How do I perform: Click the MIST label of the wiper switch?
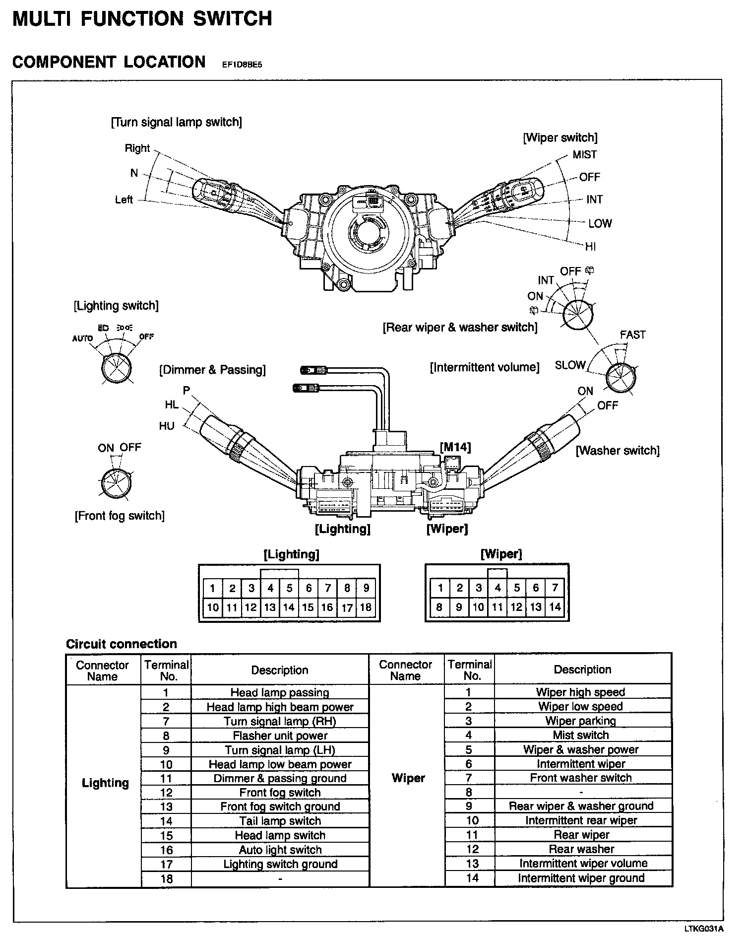pyautogui.click(x=584, y=155)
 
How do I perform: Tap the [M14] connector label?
pyautogui.click(x=455, y=447)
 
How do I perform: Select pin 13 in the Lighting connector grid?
pyautogui.click(x=270, y=607)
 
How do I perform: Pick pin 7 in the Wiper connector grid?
pyautogui.click(x=555, y=588)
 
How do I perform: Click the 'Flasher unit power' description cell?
pyautogui.click(x=280, y=736)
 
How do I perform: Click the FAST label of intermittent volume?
pyautogui.click(x=632, y=335)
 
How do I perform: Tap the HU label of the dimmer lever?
pyautogui.click(x=167, y=426)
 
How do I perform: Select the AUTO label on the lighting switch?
pyautogui.click(x=82, y=338)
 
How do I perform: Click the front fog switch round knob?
pyautogui.click(x=116, y=482)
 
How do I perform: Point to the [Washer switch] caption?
pyautogui.click(x=618, y=451)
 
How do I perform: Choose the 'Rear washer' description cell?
pyautogui.click(x=581, y=849)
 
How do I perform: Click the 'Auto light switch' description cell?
pyautogui.click(x=280, y=850)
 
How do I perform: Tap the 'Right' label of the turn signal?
pyautogui.click(x=137, y=148)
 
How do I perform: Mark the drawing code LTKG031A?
pyautogui.click(x=705, y=929)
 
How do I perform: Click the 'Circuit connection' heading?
pyautogui.click(x=121, y=644)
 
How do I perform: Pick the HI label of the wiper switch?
pyautogui.click(x=590, y=247)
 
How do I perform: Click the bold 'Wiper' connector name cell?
pyautogui.click(x=408, y=778)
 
